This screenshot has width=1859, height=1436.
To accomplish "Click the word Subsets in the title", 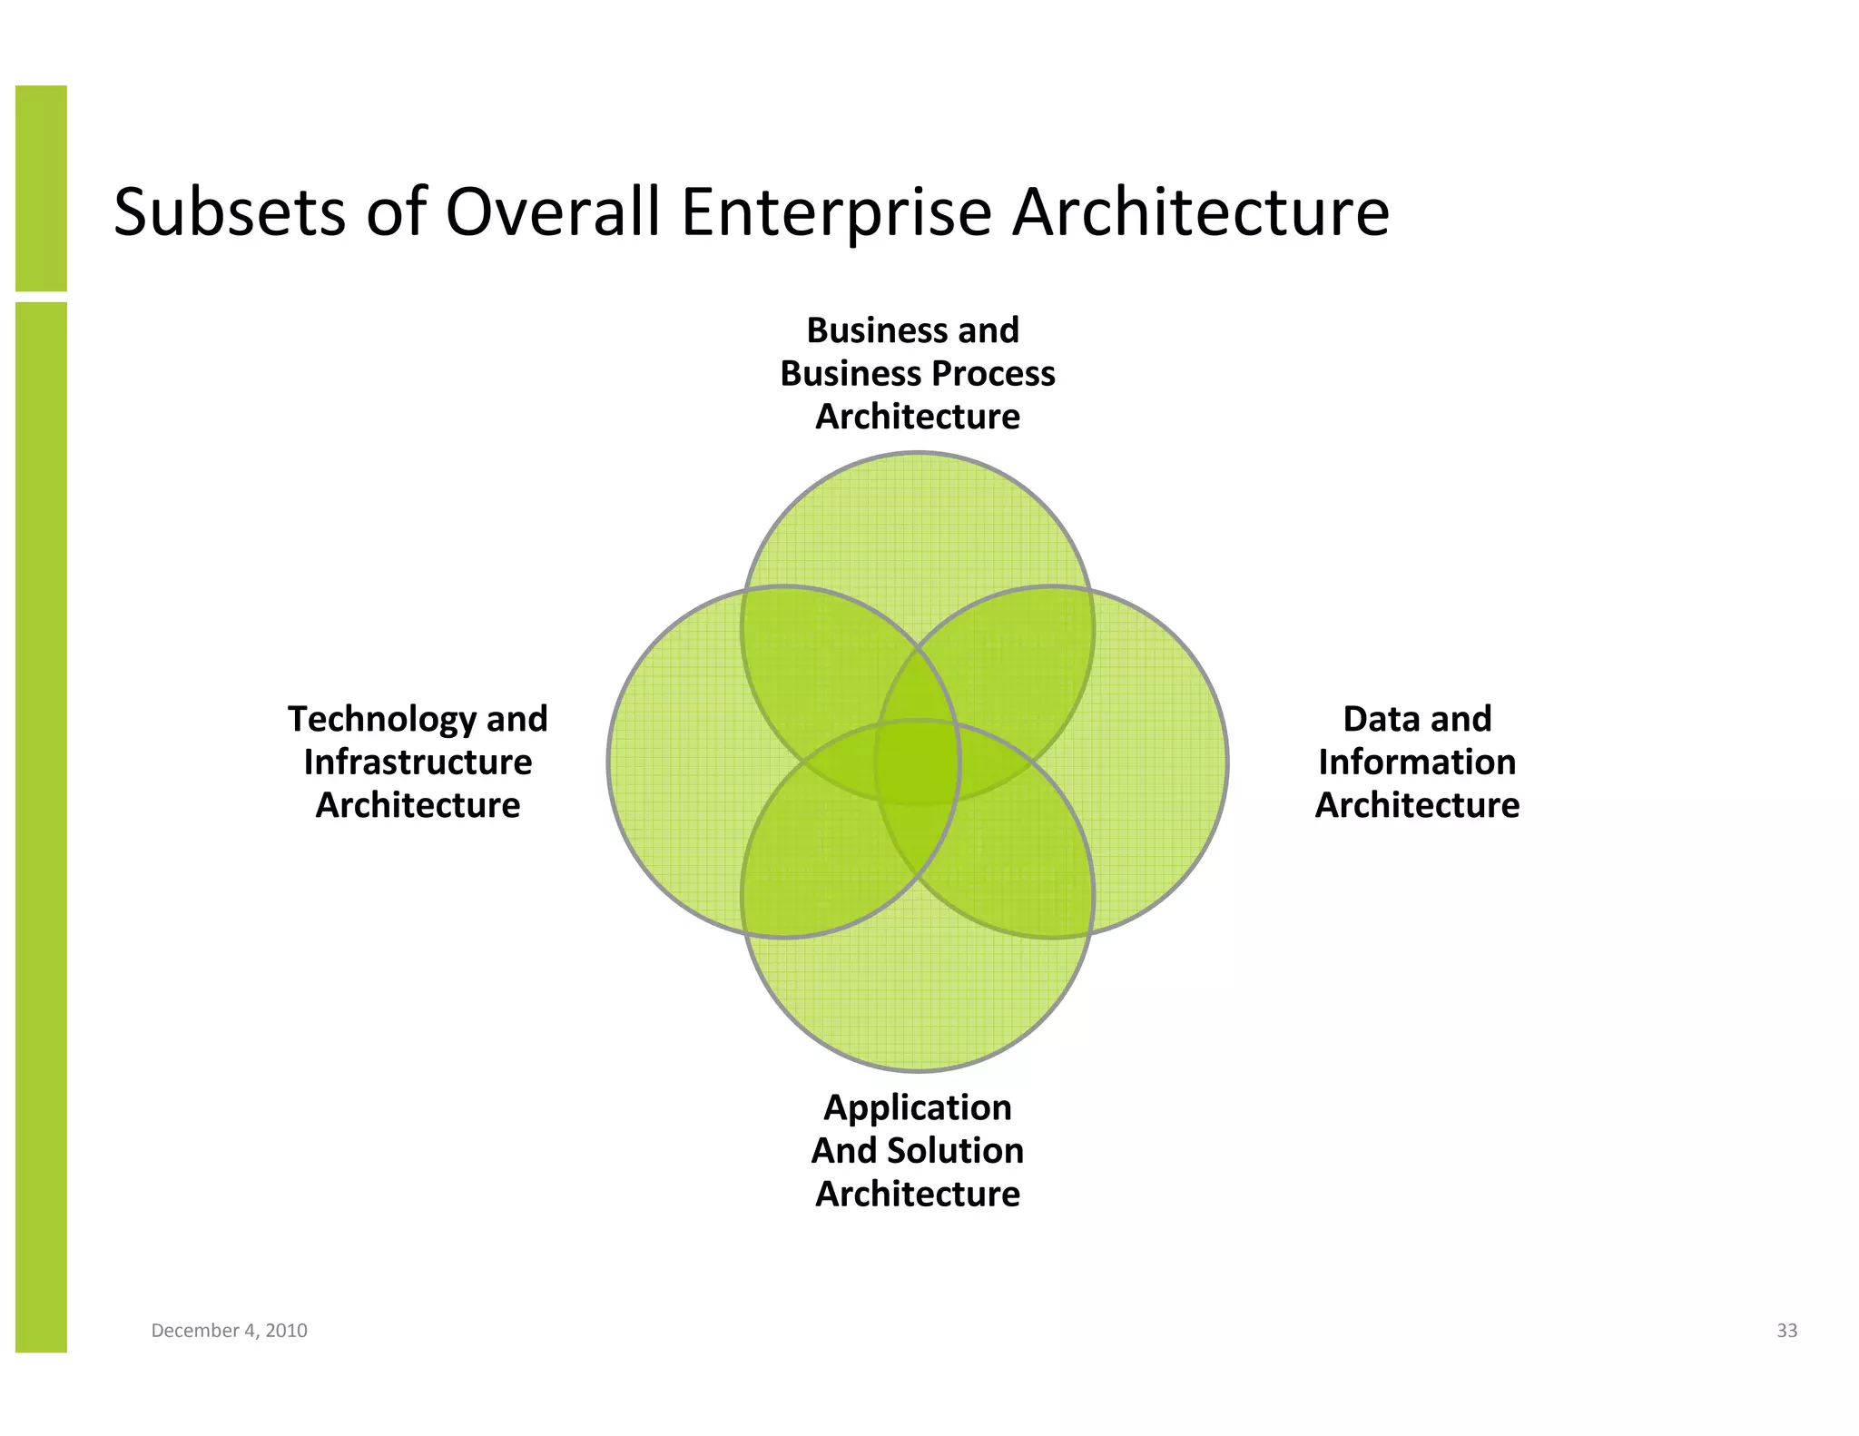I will point(229,212).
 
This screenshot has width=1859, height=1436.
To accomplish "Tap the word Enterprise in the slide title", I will point(835,212).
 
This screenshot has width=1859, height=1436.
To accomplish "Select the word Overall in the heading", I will point(552,212).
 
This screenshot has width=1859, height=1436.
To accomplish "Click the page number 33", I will point(1786,1331).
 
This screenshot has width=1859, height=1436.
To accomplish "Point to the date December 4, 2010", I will point(229,1331).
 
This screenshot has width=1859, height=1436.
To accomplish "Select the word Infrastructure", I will point(418,762).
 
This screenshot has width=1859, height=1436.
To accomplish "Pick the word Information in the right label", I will point(1417,762).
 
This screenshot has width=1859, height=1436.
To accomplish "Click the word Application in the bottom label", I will point(917,1107).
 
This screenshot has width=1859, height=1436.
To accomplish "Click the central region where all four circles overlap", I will point(918,762).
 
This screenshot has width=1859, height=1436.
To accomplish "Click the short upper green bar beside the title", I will point(41,188).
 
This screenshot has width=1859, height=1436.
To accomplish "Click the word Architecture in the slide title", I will point(1200,212).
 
